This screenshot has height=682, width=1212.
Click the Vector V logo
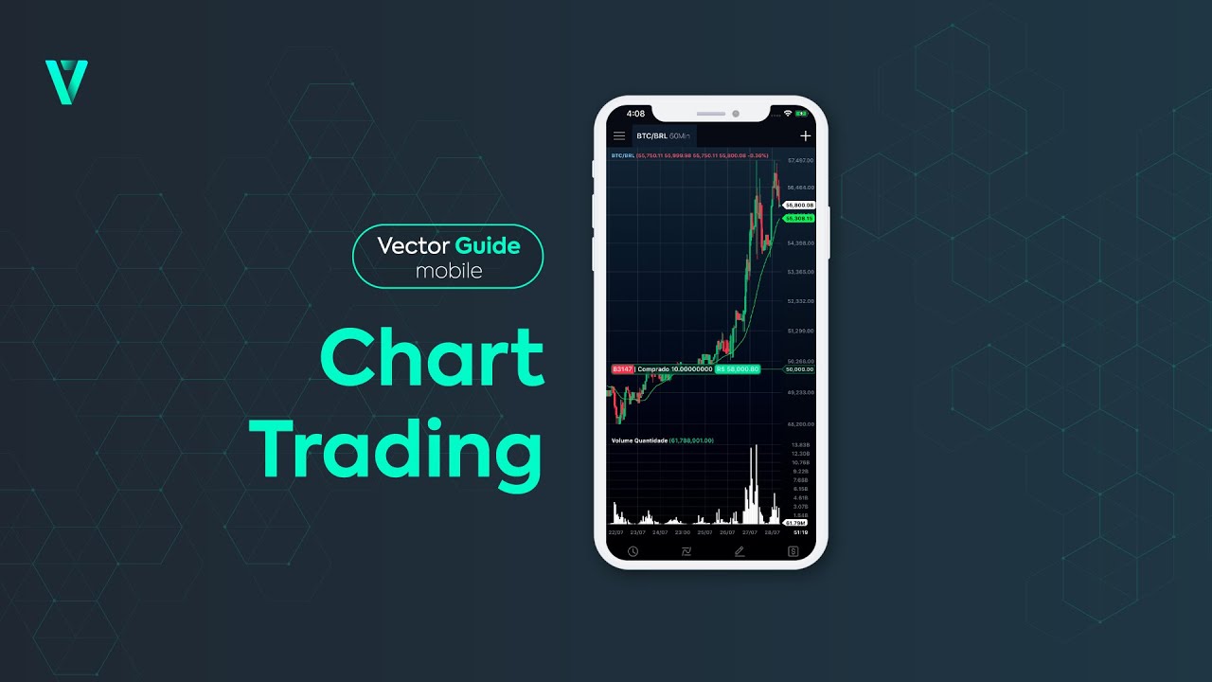pos(66,81)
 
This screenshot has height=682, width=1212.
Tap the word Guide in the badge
pos(487,246)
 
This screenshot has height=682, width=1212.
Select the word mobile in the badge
pos(449,271)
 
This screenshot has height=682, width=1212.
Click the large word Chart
pos(432,358)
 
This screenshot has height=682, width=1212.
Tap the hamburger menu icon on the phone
pos(619,136)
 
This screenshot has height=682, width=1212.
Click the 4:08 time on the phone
pos(635,114)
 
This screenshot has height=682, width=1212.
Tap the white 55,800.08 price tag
pos(799,205)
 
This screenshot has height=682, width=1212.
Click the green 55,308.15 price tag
pos(799,219)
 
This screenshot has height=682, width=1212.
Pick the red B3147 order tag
pos(622,368)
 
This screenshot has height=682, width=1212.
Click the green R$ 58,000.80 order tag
pos(738,368)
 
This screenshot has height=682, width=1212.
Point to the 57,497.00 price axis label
pos(800,161)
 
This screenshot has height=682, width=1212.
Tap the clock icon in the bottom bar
pos(633,551)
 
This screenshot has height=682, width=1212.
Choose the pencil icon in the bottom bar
pos(740,551)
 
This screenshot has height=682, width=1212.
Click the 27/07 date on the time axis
pos(754,531)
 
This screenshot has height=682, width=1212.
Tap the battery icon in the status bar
pos(801,114)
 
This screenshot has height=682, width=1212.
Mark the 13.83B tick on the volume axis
pos(800,445)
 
